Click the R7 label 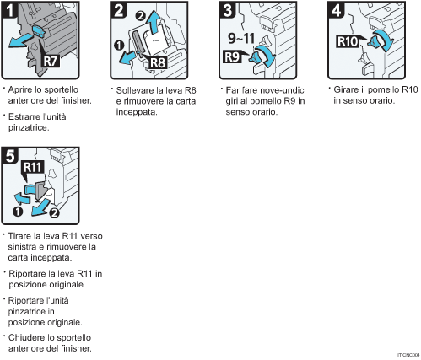pos(51,62)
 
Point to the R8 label pos(158,61)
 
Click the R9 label pos(235,58)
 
